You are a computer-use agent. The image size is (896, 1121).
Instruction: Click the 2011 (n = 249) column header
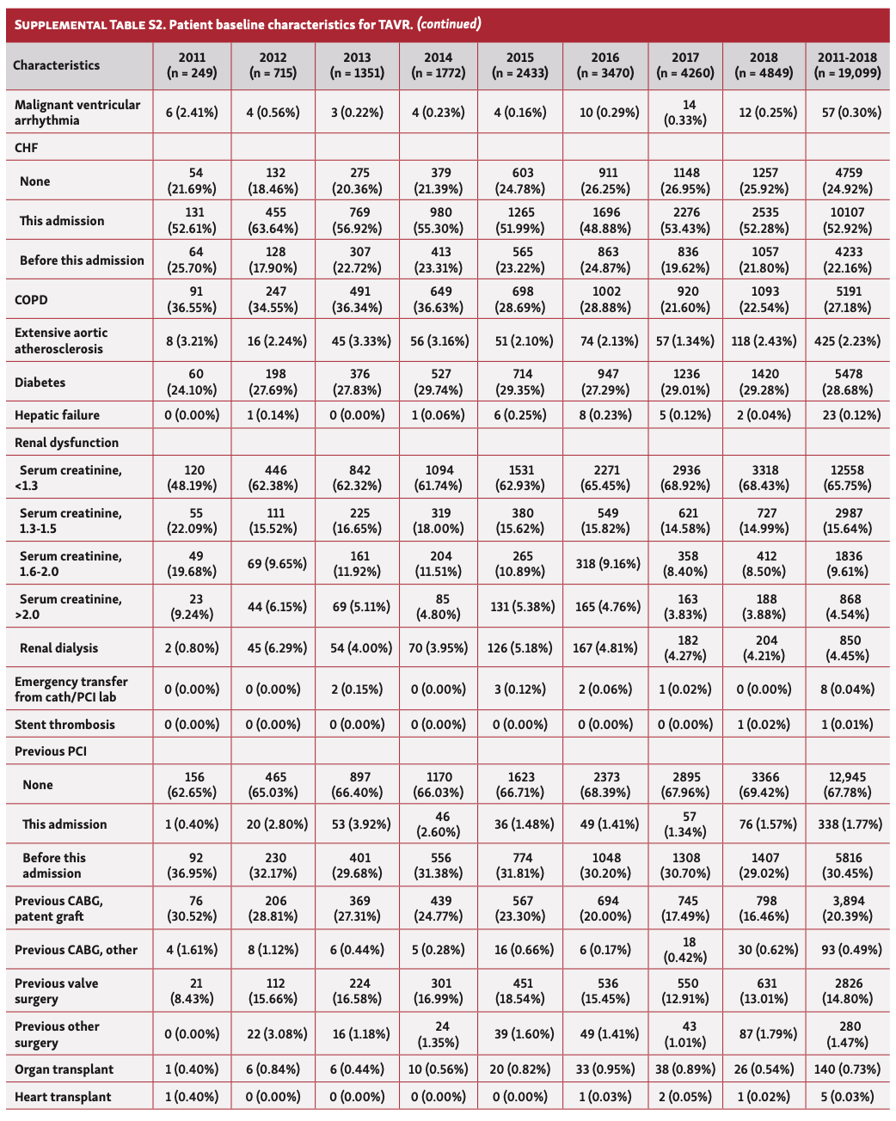pos(192,65)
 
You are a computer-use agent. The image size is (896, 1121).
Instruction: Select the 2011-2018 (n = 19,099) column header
pos(848,65)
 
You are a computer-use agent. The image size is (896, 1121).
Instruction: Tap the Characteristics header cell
pos(57,65)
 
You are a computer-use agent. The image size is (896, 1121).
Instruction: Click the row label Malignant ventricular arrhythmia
pos(77,113)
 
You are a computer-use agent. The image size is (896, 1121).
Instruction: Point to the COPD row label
pos(32,300)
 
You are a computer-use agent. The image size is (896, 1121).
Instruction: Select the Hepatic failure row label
pos(58,415)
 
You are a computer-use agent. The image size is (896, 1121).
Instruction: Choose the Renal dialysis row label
pos(59,648)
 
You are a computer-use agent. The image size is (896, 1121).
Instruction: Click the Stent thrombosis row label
pos(64,725)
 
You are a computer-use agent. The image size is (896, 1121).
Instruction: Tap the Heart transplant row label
pos(63,1097)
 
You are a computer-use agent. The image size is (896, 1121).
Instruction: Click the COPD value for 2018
pos(764,300)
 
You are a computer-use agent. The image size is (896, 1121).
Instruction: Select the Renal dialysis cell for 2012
pos(273,648)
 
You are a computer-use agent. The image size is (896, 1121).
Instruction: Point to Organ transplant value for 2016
pos(605,1069)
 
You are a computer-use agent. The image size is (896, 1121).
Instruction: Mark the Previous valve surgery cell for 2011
pos(192,991)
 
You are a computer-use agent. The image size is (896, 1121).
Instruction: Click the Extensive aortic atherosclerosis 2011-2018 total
pos(848,341)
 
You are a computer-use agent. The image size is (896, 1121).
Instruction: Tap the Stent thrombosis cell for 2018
pos(764,725)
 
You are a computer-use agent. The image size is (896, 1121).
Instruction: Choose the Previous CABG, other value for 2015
pos(520,950)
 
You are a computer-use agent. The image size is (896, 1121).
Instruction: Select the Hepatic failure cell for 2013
pos(357,415)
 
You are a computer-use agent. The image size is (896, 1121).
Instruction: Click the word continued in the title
pos(449,24)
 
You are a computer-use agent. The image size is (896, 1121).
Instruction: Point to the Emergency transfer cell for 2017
pos(685,689)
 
